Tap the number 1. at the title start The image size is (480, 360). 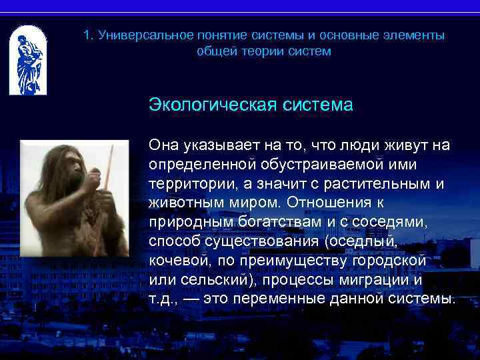89,35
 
